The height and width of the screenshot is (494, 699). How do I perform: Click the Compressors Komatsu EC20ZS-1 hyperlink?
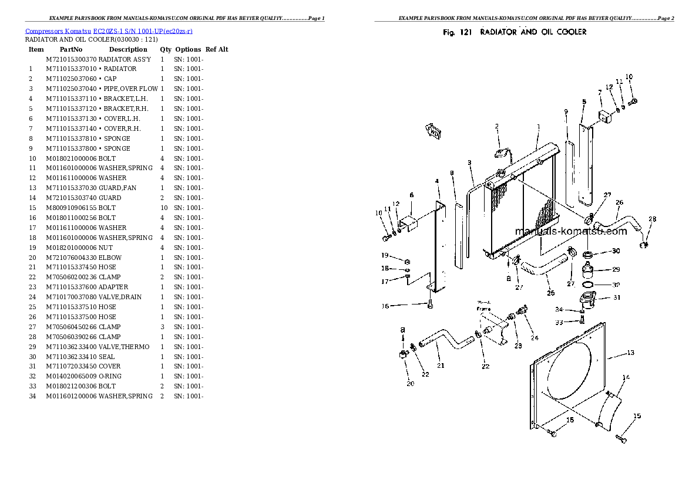click(x=109, y=31)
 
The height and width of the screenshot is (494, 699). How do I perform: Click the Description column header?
click(x=127, y=50)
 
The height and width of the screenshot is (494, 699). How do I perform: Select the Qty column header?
click(x=166, y=50)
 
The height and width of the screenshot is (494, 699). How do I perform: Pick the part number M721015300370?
click(x=70, y=59)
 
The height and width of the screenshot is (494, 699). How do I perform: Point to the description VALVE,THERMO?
click(x=123, y=347)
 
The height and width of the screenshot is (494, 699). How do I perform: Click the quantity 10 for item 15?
click(x=164, y=208)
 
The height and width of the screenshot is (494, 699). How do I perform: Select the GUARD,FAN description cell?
click(x=117, y=188)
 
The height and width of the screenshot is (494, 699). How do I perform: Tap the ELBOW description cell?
click(x=110, y=258)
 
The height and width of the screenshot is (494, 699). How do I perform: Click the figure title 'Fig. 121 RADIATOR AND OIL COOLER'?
click(x=514, y=32)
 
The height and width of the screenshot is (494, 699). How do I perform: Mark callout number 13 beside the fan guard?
click(x=630, y=353)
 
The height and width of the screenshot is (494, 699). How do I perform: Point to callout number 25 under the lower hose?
click(x=550, y=293)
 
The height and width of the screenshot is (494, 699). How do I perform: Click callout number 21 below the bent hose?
click(x=441, y=366)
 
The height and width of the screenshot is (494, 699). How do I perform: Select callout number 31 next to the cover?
click(x=617, y=297)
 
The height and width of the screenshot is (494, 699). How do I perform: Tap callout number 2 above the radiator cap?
click(x=496, y=126)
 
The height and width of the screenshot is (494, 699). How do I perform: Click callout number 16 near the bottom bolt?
click(x=385, y=306)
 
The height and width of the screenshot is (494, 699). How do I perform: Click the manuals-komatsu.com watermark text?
click(x=570, y=231)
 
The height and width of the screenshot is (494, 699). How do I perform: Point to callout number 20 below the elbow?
click(x=410, y=384)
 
